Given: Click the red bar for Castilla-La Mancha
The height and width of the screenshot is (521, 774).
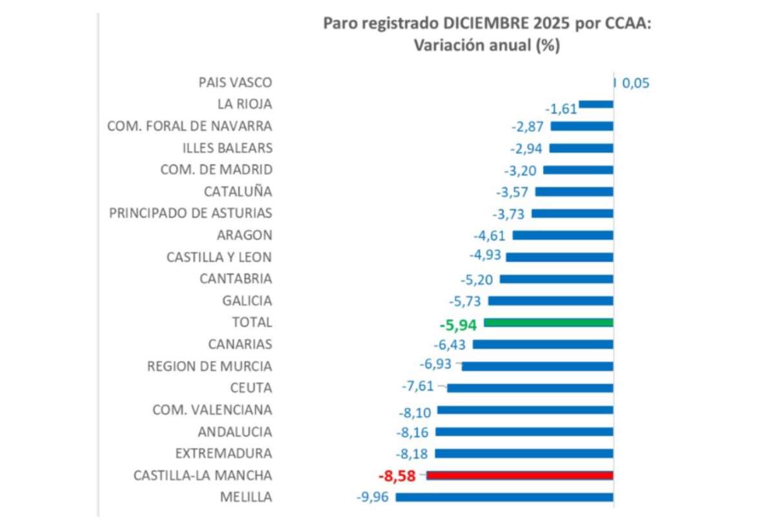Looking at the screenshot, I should click(x=520, y=476).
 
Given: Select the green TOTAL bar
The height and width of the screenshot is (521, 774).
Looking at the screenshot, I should click(x=548, y=322).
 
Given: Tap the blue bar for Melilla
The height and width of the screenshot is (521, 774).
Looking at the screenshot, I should click(x=504, y=497).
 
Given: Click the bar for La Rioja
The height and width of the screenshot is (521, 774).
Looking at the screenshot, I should click(x=596, y=104).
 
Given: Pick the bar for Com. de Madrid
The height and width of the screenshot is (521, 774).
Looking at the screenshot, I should click(x=578, y=170).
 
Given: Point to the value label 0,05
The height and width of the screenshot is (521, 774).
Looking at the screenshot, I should click(x=636, y=83).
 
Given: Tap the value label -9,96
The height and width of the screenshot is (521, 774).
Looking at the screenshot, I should click(x=373, y=498).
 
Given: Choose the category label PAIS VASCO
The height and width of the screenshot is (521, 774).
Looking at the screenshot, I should click(x=235, y=83).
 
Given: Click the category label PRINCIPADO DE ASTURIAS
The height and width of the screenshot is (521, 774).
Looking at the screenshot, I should click(x=191, y=213).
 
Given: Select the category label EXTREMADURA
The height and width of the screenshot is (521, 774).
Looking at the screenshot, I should click(x=223, y=453).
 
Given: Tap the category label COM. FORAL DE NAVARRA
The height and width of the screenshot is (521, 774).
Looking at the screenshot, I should click(x=190, y=126).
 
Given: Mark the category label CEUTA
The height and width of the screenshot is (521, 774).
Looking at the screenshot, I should click(x=252, y=388).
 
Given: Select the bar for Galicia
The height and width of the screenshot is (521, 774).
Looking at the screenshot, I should click(x=551, y=300).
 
